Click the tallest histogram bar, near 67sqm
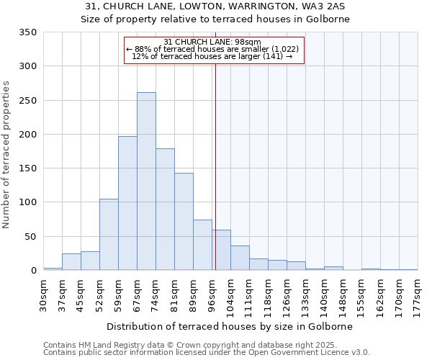(x=146, y=181)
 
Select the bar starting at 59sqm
(x=127, y=203)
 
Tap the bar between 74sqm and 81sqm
(x=165, y=209)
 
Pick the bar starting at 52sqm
(x=109, y=235)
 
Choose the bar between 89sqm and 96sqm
(x=202, y=245)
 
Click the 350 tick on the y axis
(x=28, y=32)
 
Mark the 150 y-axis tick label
(x=28, y=168)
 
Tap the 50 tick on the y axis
(x=31, y=237)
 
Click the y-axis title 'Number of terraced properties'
(x=7, y=155)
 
